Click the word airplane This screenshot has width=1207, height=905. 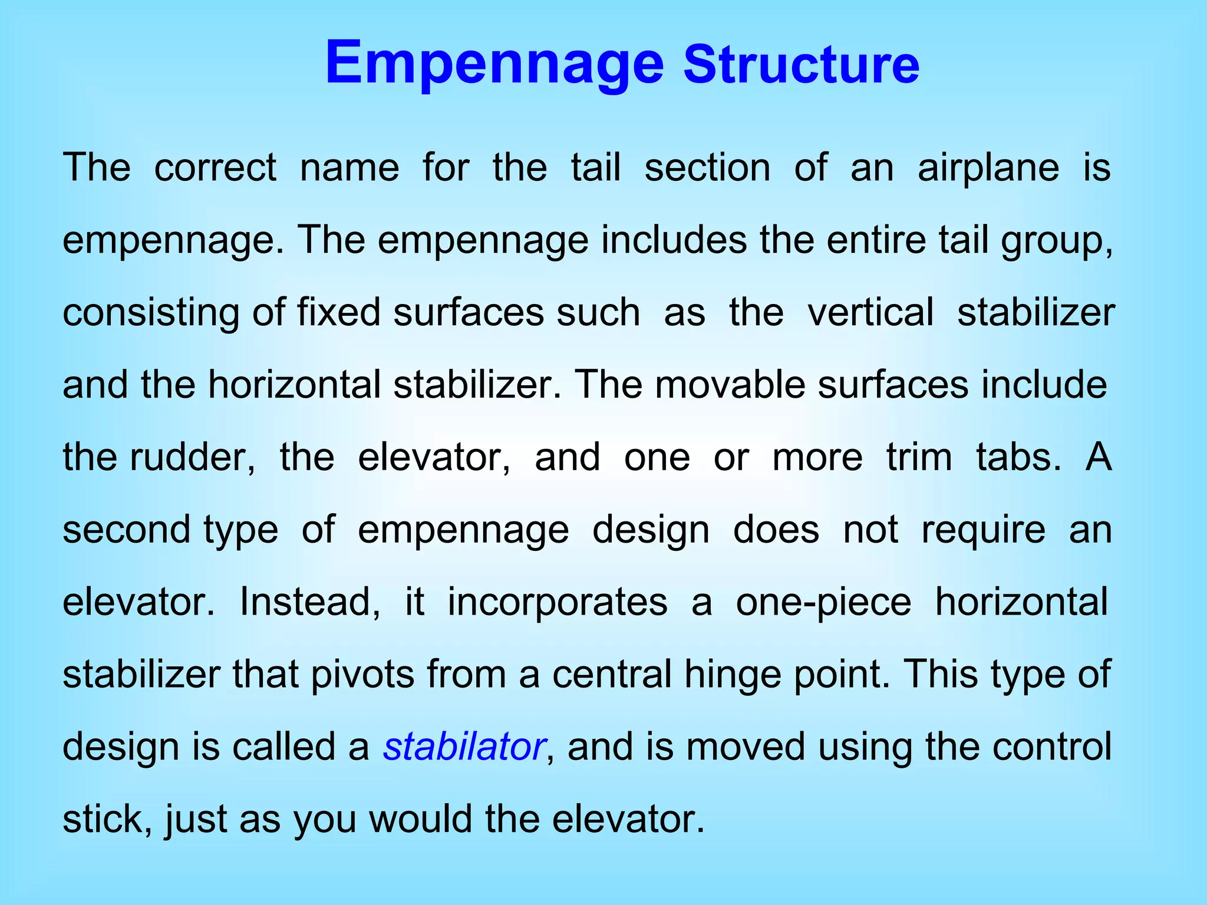pos(988,168)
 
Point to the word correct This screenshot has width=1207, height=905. pos(215,168)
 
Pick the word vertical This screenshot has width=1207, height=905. pos(870,312)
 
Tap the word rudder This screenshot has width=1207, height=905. pos(193,457)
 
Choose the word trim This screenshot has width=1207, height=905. pos(919,457)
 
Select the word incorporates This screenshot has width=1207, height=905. pos(558,602)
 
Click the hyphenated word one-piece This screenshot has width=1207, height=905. pos(823,602)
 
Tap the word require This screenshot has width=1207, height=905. pos(984,530)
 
